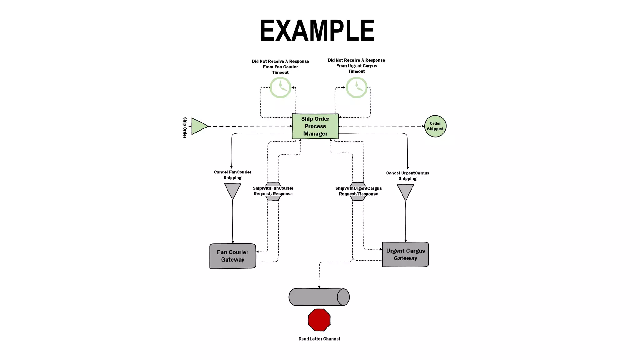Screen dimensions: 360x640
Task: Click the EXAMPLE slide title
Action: (x=317, y=31)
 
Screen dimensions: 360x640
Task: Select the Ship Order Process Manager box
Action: (x=315, y=126)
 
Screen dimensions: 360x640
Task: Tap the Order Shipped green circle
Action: (x=435, y=126)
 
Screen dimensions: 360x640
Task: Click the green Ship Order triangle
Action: (x=198, y=126)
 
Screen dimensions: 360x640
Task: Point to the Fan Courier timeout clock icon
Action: (x=280, y=87)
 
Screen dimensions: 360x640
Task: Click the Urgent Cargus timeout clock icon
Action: (x=357, y=87)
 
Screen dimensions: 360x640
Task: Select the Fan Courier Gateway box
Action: (x=232, y=256)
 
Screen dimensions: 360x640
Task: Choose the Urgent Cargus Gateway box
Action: (x=405, y=255)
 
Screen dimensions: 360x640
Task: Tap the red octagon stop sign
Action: (x=319, y=320)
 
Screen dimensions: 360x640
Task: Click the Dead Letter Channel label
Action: (x=319, y=339)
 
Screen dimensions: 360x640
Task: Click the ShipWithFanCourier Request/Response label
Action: (x=273, y=191)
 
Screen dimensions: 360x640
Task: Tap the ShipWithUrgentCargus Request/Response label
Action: (x=358, y=191)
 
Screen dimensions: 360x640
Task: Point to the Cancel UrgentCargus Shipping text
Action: (x=407, y=176)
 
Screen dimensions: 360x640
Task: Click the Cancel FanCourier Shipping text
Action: (x=232, y=175)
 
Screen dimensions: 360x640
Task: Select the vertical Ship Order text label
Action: (x=185, y=127)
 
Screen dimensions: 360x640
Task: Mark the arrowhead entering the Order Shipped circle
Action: (x=423, y=126)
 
